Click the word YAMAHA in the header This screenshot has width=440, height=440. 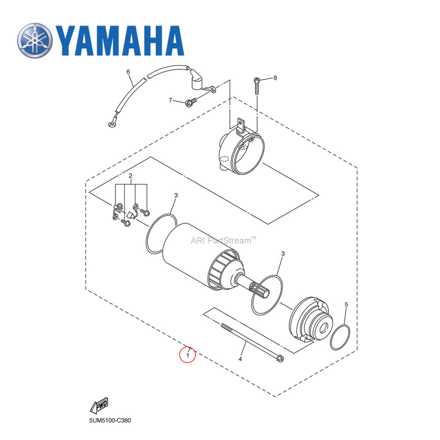tap(119, 40)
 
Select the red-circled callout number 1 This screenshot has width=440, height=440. tap(187, 354)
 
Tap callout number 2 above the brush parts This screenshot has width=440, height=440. tap(131, 176)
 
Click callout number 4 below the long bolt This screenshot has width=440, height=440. tap(240, 359)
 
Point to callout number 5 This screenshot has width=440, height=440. tap(346, 304)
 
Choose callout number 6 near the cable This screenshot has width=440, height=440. tap(128, 72)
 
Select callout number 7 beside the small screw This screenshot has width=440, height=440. tap(171, 100)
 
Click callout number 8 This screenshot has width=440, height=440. tap(275, 78)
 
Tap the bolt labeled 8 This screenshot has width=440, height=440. tap(257, 87)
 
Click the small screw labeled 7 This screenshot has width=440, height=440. tap(190, 103)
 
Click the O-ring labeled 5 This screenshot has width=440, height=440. tap(340, 337)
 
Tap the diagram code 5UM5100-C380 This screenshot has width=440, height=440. tap(110, 420)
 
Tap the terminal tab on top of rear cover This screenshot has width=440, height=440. tap(240, 124)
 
